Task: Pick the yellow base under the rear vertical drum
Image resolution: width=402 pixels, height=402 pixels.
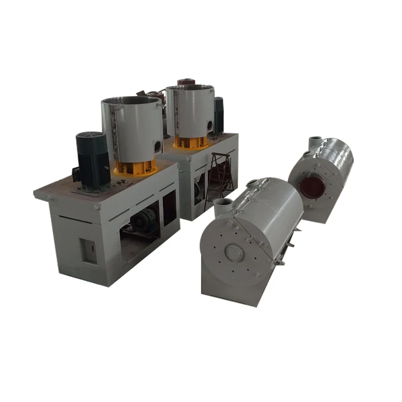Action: (x=190, y=142)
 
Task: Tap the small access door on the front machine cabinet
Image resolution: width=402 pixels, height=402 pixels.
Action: (x=88, y=250)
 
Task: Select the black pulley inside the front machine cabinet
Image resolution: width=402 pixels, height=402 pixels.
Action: (x=144, y=220)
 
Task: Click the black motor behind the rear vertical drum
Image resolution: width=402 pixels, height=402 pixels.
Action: (x=219, y=114)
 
